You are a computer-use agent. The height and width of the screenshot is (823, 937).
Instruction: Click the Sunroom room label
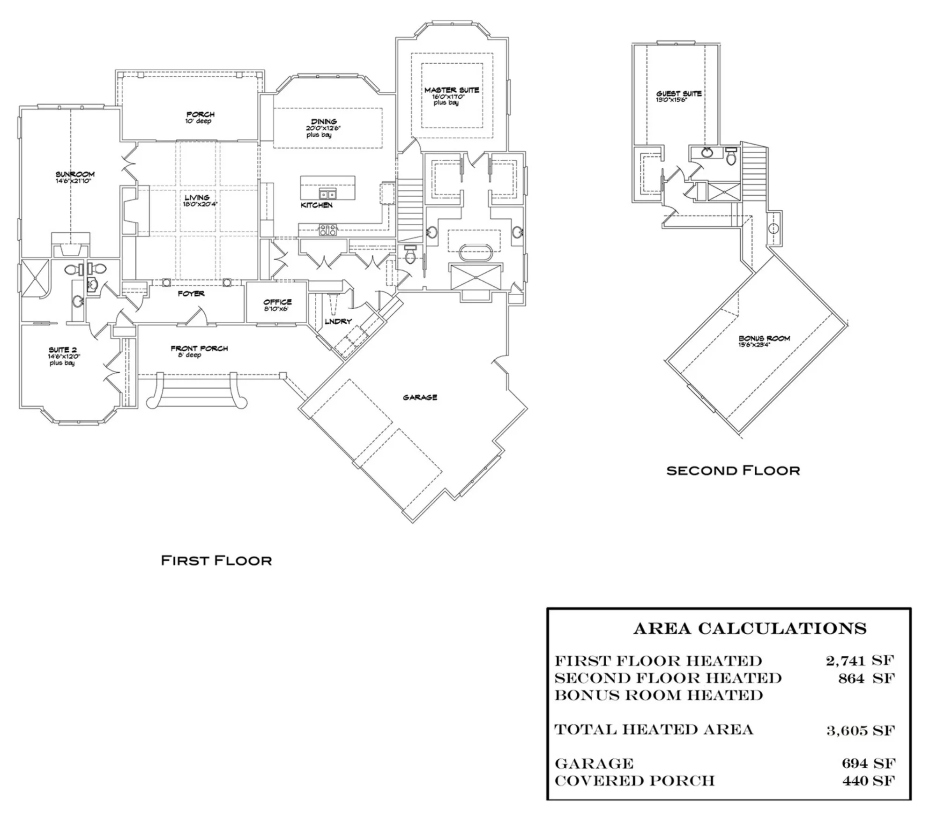point(75,174)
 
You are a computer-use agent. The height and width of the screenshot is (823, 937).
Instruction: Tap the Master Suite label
point(452,90)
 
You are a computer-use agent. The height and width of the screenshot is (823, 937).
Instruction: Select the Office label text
point(277,302)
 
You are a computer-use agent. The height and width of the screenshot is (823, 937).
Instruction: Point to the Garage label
point(420,397)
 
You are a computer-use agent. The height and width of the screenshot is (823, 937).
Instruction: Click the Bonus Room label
point(764,338)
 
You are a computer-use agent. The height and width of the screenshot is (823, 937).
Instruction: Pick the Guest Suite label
point(679,94)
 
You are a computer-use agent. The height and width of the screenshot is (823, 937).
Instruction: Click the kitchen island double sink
point(327,194)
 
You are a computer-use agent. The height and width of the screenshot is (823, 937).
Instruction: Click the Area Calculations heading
point(750,629)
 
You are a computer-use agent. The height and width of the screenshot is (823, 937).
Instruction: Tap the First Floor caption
point(216,560)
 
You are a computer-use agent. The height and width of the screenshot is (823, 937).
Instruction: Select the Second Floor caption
point(733,470)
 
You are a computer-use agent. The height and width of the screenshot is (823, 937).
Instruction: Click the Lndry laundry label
point(338,321)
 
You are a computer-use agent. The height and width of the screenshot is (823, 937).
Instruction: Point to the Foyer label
point(191,294)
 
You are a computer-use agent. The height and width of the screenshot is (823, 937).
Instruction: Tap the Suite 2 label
point(63,350)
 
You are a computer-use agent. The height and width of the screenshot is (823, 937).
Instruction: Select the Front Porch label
point(199,348)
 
